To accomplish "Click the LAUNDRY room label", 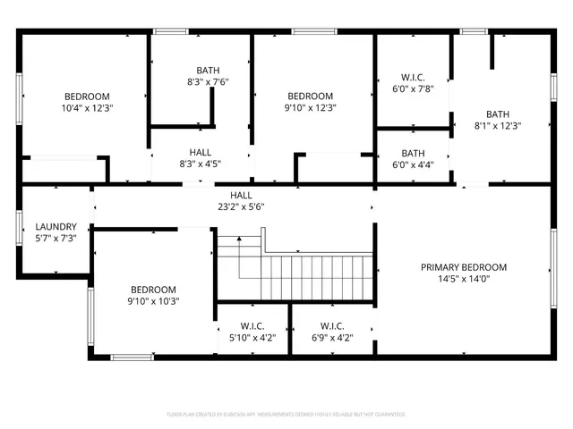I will click(56, 227).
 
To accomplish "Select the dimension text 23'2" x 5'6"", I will click(241, 206).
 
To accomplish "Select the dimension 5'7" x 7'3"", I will click(56, 239).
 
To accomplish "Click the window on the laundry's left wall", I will click(20, 227).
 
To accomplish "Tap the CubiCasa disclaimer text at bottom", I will click(286, 414).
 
